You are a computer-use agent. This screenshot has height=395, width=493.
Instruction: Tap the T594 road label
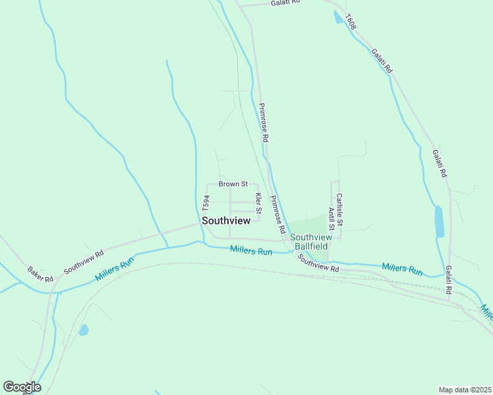(206, 202)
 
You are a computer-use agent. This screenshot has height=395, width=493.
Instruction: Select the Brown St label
(233, 184)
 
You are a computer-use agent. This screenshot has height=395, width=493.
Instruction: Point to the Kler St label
(259, 203)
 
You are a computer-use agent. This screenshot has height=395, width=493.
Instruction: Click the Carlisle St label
(339, 210)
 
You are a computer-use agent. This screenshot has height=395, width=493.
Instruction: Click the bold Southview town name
(226, 221)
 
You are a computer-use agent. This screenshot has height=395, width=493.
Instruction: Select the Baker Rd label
(40, 275)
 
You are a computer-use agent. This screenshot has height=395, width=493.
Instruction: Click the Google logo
(22, 387)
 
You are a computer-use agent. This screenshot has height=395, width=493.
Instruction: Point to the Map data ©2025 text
(465, 390)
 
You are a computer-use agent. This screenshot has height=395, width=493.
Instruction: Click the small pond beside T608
(338, 18)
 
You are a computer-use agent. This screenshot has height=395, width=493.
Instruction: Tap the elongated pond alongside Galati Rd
(439, 222)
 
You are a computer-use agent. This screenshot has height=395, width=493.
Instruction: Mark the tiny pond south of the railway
(84, 330)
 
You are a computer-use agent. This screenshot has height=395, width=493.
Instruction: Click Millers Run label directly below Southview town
(251, 251)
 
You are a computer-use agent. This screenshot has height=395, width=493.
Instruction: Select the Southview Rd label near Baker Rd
(84, 262)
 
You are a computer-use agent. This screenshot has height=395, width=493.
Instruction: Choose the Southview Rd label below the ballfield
(318, 263)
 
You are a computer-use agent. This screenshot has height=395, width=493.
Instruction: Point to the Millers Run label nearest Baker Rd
(114, 269)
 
